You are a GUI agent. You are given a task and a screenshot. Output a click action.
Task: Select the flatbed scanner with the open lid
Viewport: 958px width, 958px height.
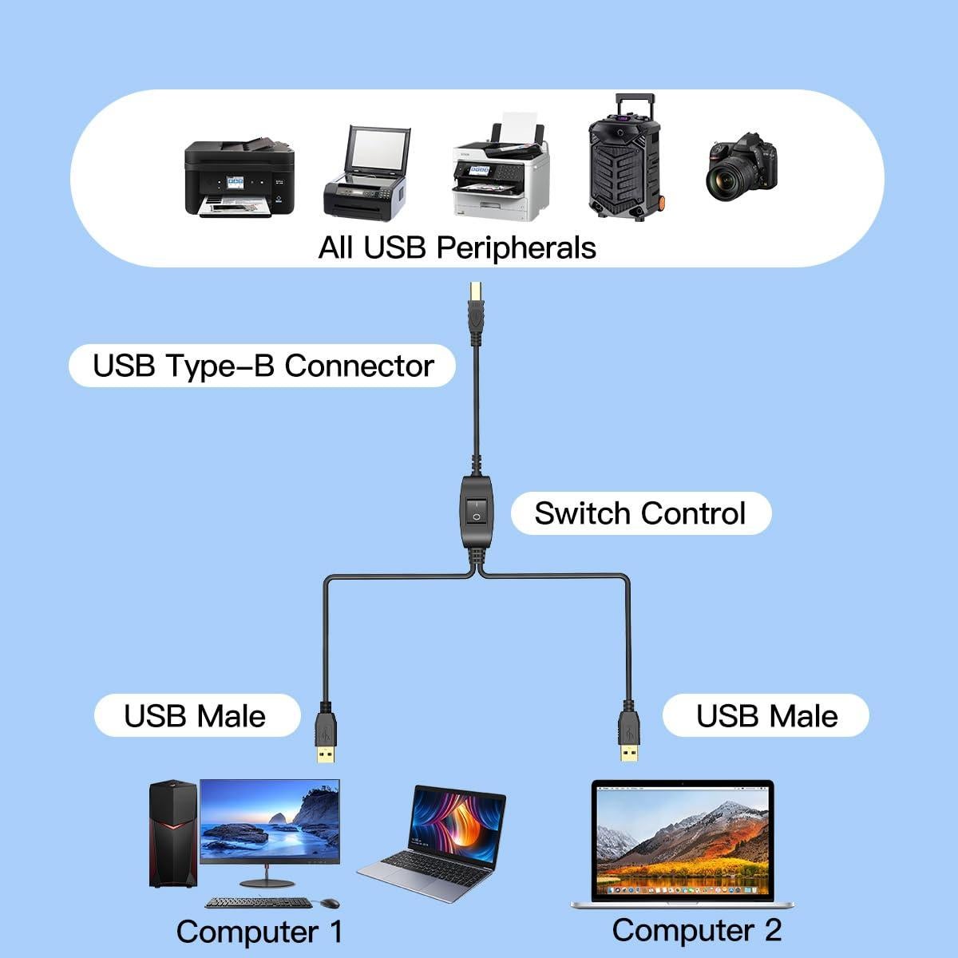366,174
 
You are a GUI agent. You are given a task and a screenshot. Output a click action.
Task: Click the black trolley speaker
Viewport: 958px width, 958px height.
625,160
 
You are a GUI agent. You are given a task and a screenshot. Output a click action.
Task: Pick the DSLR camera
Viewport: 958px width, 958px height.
740,166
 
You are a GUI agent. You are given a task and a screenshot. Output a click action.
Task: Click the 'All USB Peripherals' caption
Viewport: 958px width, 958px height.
457,247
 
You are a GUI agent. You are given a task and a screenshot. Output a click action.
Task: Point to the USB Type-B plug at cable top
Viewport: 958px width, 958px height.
477,307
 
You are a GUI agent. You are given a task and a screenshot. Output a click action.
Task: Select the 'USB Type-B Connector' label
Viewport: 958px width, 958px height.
263,366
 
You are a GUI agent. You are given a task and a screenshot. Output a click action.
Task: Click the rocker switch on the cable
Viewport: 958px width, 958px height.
477,511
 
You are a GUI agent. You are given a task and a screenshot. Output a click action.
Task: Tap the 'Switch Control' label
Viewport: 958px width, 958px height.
640,513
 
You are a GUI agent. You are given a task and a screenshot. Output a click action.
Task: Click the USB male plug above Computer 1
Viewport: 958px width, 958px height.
325,734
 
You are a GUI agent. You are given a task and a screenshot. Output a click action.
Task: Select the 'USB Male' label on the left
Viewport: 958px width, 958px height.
196,715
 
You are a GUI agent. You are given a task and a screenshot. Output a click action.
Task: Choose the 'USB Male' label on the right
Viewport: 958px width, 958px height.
766,715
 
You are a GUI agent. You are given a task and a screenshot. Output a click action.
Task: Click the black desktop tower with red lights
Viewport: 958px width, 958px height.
172,833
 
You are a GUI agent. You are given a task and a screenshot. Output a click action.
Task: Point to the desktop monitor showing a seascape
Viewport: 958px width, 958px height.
269,822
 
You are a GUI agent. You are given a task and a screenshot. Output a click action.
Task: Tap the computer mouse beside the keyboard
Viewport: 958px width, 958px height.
329,903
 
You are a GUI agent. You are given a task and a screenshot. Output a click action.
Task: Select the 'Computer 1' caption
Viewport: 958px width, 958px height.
259,931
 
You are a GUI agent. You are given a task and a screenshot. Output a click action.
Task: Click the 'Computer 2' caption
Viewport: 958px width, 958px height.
696,930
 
